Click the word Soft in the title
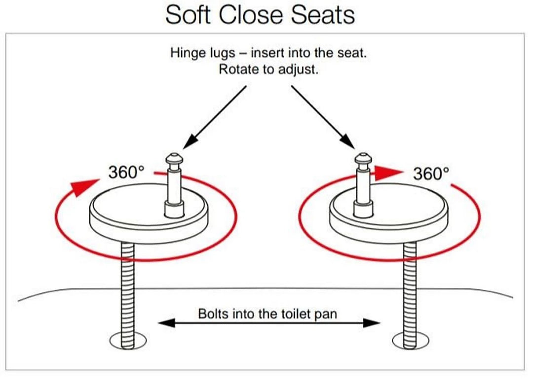tap(188, 15)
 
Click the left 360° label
tap(126, 172)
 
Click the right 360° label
tap(431, 174)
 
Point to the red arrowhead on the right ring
tap(388, 173)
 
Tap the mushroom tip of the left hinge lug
tap(174, 159)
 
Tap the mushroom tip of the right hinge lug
tap(363, 159)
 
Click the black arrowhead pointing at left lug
tap(190, 140)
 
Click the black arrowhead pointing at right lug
tap(347, 140)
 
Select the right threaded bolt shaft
tap(410, 295)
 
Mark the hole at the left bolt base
tap(128, 340)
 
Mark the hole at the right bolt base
tap(410, 340)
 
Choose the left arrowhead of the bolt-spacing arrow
tap(167, 322)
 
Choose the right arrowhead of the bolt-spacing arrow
tap(372, 322)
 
